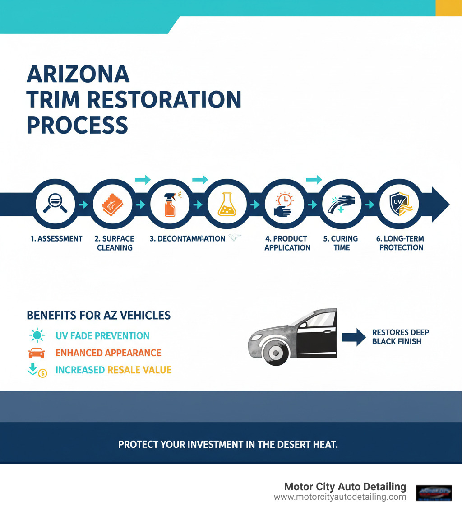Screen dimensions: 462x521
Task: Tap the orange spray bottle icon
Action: (170, 205)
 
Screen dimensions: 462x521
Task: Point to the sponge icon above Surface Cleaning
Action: (112, 204)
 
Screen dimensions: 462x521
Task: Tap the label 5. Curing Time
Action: (341, 243)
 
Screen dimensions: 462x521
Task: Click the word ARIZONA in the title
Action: (78, 74)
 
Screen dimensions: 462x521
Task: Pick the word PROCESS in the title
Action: (77, 125)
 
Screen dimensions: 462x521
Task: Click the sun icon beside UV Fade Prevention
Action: (36, 336)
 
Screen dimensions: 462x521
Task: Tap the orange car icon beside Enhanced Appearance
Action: (36, 353)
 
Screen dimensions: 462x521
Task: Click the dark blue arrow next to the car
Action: (355, 337)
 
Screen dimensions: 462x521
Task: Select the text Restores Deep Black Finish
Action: (400, 337)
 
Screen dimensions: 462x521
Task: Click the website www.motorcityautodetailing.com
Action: (340, 497)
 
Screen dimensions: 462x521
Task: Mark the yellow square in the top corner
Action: (448, 8)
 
